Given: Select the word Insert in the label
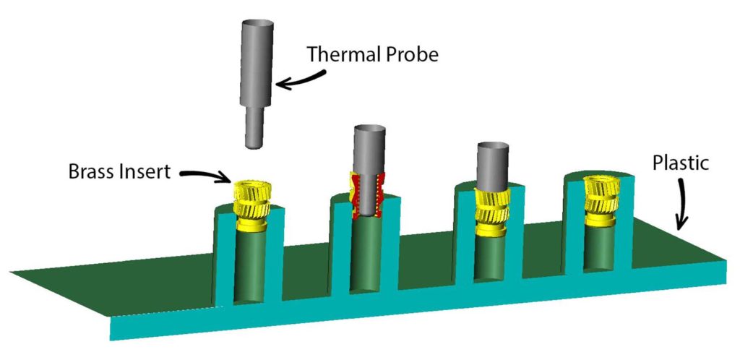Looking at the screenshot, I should point(147,173).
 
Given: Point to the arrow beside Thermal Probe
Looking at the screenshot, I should point(297,82).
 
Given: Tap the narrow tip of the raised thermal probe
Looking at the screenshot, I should point(253,129).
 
